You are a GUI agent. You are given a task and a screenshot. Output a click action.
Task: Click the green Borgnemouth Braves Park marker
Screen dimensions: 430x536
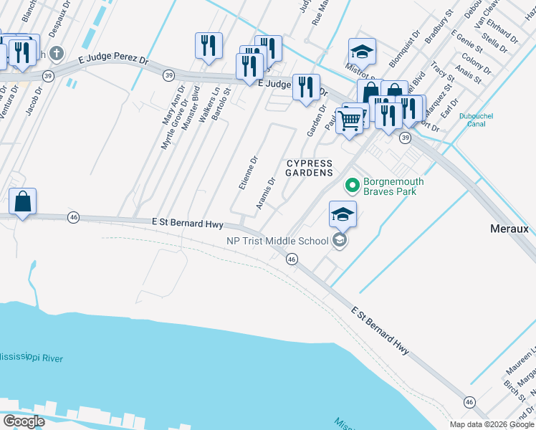click(352, 186)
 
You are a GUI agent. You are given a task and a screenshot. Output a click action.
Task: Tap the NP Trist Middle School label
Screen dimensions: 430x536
click(278, 241)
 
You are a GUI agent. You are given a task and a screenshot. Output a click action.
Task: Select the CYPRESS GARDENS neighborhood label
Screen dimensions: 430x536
click(310, 168)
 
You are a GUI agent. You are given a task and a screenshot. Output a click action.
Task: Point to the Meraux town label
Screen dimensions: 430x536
click(509, 229)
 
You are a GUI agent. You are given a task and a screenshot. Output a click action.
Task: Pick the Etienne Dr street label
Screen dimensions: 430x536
click(246, 172)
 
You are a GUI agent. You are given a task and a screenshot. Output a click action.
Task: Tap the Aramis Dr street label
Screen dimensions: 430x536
click(264, 194)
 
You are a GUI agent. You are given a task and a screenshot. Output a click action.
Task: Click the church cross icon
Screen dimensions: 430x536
click(57, 54)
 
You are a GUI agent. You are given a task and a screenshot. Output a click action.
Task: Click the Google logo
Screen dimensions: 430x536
click(24, 421)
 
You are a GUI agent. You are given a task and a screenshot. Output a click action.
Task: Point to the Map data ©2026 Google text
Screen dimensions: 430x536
click(492, 424)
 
